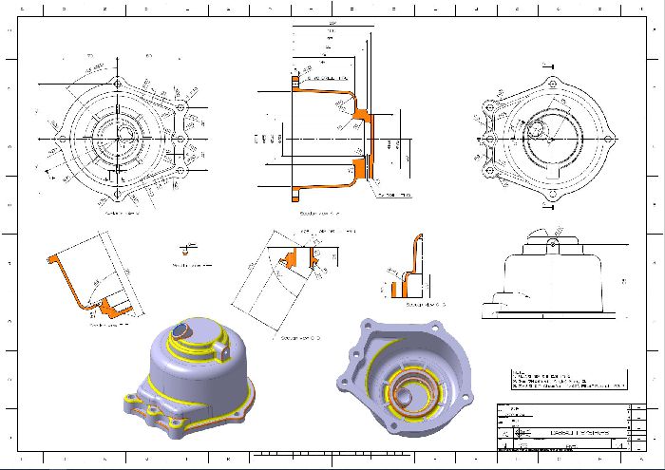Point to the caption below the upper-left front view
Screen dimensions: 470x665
[x=122, y=214]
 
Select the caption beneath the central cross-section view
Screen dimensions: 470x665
[x=320, y=214]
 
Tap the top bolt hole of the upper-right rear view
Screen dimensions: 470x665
[x=552, y=85]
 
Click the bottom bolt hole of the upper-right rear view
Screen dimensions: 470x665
[x=552, y=196]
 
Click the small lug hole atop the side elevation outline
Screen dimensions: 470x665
[x=552, y=246]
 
